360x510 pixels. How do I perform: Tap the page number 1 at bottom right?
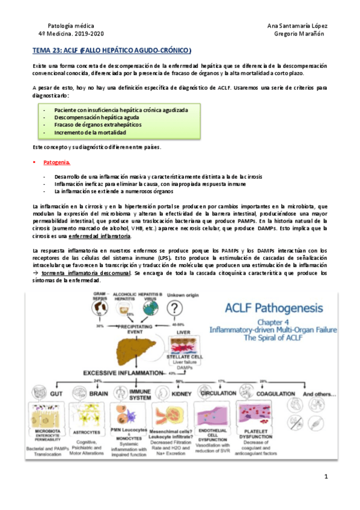pos(325,478)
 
